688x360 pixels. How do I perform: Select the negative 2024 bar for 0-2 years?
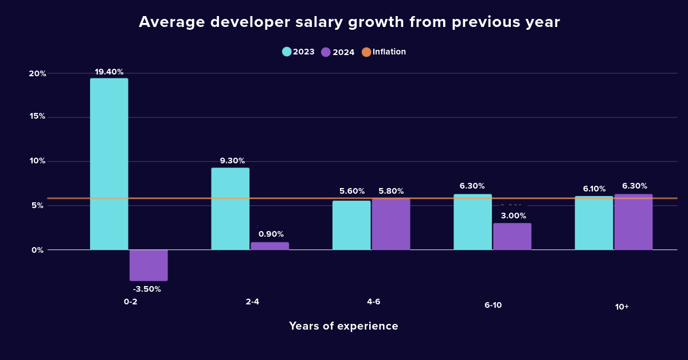pyautogui.click(x=148, y=265)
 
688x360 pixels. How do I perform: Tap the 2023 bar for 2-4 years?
pyautogui.click(x=230, y=209)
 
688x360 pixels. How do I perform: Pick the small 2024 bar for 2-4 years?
pyautogui.click(x=269, y=246)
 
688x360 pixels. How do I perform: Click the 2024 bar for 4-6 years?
pyautogui.click(x=391, y=224)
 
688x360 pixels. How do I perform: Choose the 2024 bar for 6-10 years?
pyautogui.click(x=512, y=236)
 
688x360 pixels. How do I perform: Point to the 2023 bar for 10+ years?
pyautogui.click(x=593, y=223)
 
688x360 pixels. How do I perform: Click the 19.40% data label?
pyautogui.click(x=109, y=72)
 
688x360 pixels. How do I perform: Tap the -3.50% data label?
pyautogui.click(x=147, y=289)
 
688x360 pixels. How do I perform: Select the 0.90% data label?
pyautogui.click(x=271, y=234)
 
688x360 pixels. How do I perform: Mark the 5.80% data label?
pyautogui.click(x=391, y=191)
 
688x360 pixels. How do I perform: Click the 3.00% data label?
pyautogui.click(x=513, y=216)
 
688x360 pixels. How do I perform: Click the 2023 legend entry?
pyautogui.click(x=299, y=52)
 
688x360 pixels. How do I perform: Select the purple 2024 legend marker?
pyautogui.click(x=326, y=52)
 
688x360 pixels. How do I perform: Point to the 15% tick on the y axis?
pyautogui.click(x=37, y=116)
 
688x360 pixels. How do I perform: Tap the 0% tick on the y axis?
pyautogui.click(x=38, y=250)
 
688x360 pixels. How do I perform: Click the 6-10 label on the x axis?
pyautogui.click(x=493, y=306)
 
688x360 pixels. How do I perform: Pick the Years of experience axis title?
pyautogui.click(x=343, y=326)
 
